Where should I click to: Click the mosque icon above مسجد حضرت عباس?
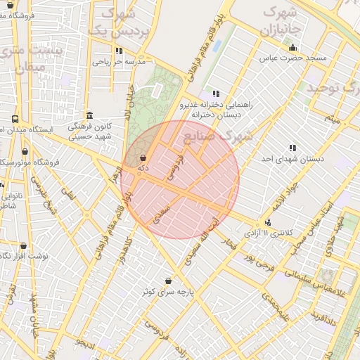tap(293, 47)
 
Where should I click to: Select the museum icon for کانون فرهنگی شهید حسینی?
tap(89, 115)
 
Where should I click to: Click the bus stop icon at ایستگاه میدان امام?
tap(15, 120)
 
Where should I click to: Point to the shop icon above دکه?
tap(143, 158)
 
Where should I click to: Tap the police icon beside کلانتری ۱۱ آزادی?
tap(267, 221)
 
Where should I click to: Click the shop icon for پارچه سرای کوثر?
tap(168, 280)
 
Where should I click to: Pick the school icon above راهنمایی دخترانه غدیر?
tap(216, 94)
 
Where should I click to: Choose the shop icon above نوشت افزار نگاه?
tap(23, 246)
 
